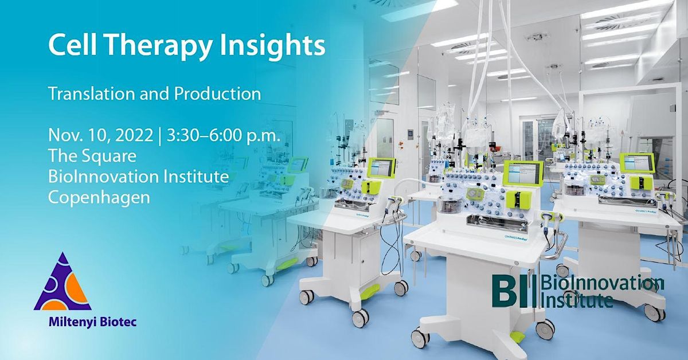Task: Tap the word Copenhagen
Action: pyautogui.click(x=99, y=197)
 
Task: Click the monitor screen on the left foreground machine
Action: pyautogui.click(x=381, y=168)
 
